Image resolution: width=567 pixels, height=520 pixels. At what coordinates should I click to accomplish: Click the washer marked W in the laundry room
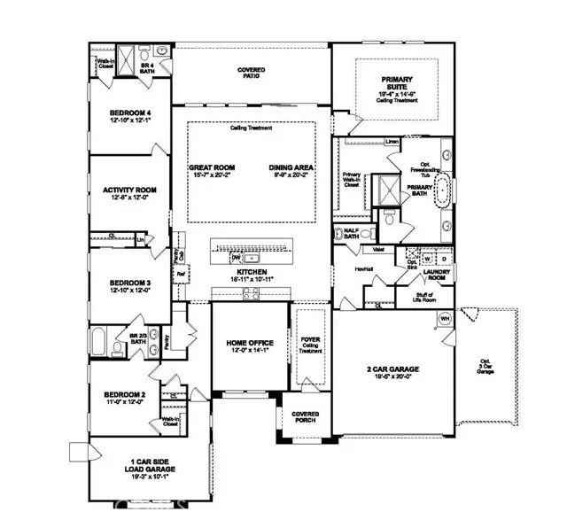point(428,260)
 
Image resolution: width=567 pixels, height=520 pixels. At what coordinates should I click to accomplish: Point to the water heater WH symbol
point(446,318)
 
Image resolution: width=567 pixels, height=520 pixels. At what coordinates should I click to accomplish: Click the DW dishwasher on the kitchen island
point(236,258)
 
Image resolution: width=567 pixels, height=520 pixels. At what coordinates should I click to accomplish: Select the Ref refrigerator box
point(182,275)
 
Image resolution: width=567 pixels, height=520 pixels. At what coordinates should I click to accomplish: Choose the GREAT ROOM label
point(209,167)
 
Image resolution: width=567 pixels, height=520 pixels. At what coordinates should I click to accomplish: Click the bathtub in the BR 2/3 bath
point(100,341)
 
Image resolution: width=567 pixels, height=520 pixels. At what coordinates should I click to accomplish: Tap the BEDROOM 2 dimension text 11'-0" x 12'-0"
point(125,402)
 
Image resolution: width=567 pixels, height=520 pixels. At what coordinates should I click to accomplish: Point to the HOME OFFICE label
point(251,342)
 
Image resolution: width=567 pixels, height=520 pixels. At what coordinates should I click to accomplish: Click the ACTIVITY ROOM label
point(129,190)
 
